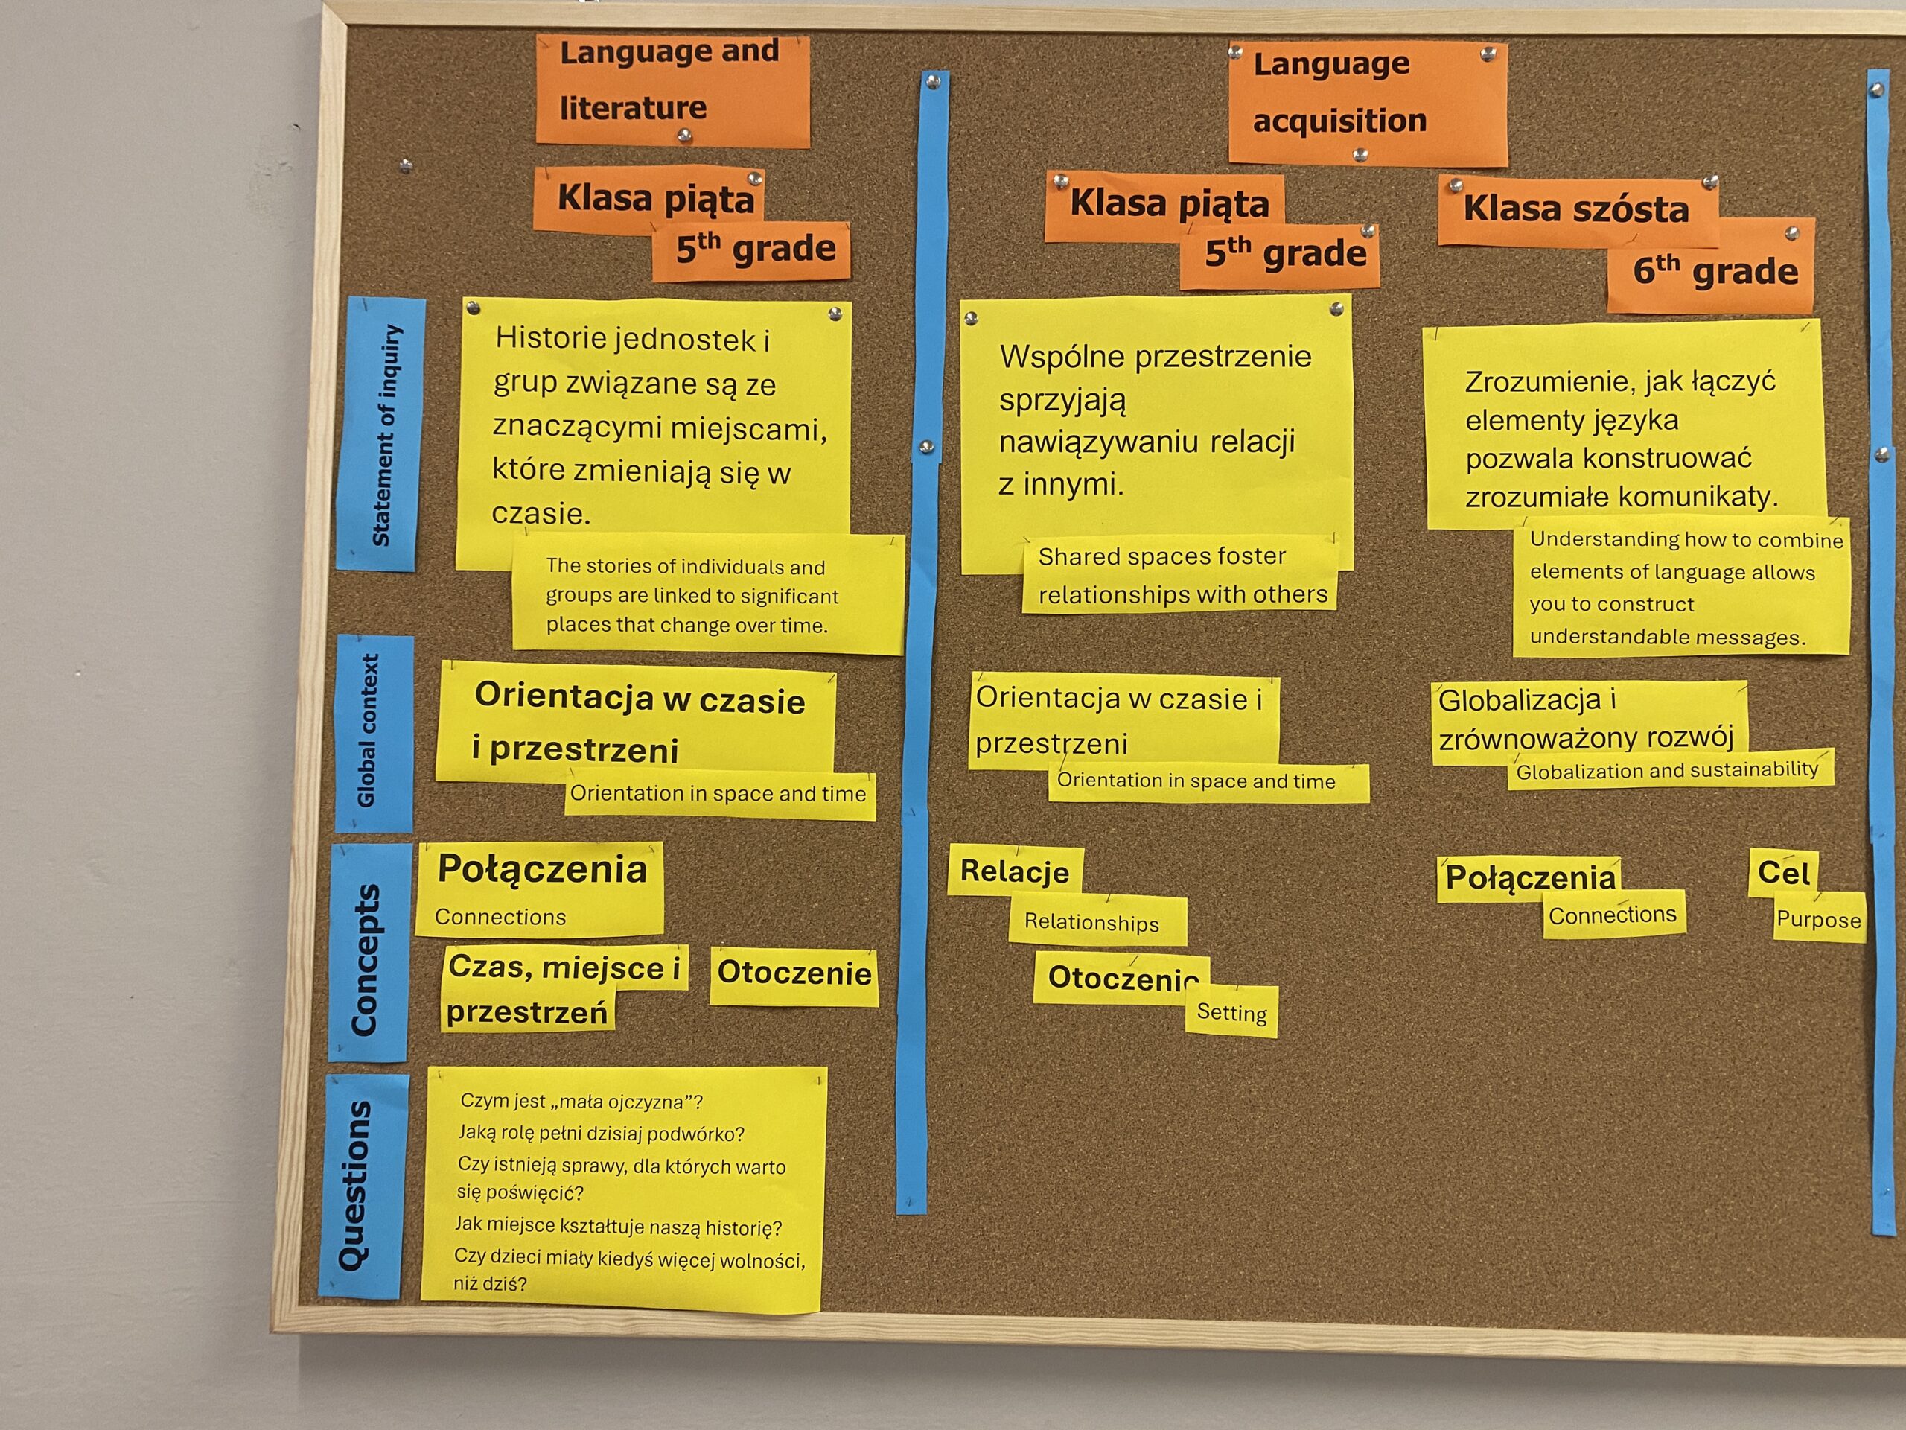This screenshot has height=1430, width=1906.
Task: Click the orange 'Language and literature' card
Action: tap(672, 89)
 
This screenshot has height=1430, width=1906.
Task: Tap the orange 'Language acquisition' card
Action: tap(1368, 104)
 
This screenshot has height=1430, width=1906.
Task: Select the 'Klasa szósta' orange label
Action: tap(1578, 212)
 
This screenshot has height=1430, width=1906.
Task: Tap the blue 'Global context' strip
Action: tap(374, 733)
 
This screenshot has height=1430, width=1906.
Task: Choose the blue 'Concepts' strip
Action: tap(369, 953)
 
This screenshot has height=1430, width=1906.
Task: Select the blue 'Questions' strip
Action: tap(362, 1186)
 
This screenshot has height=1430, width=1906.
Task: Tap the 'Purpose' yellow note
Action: tap(1818, 919)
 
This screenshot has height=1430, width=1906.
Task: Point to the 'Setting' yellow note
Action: tap(1231, 1012)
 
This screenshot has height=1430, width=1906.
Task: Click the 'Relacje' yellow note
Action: tap(1015, 871)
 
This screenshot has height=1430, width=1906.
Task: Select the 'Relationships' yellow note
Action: tap(1097, 921)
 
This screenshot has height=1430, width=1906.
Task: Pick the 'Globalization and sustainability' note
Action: tap(1670, 769)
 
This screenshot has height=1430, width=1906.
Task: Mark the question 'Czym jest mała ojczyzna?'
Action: tap(581, 1102)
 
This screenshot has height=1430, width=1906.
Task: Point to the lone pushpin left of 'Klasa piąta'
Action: tap(406, 165)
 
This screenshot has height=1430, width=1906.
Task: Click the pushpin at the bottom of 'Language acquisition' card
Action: tap(1360, 155)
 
